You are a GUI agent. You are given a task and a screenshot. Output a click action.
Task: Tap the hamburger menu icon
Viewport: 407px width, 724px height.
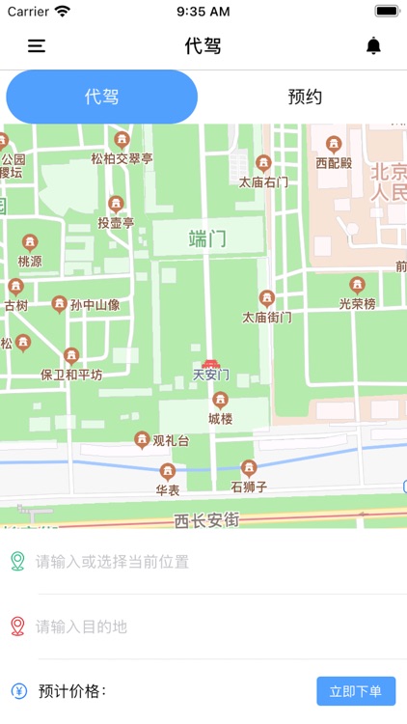37,45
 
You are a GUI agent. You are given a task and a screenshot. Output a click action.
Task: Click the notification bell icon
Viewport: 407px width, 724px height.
374,45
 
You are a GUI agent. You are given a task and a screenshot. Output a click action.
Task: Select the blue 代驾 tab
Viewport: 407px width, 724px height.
102,97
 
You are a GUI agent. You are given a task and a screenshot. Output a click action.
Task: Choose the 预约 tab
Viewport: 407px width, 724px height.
305,97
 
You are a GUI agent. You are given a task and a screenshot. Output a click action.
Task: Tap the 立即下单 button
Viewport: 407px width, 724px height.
356,691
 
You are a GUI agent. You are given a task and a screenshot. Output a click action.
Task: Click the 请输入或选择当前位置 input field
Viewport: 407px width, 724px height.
212,561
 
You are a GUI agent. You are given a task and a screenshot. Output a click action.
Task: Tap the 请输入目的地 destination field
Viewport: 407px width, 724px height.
212,627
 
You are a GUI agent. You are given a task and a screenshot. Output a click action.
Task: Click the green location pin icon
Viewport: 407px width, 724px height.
17,561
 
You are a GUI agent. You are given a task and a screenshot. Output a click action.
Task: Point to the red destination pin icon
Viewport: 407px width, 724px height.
17,627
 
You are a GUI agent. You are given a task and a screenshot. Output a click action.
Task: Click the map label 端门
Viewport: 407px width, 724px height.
207,238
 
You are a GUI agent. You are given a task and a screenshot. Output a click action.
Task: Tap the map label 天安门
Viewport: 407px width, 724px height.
211,375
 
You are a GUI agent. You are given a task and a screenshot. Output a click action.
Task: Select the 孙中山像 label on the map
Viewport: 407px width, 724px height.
95,305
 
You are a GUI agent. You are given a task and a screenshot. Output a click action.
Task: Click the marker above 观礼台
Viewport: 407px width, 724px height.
142,440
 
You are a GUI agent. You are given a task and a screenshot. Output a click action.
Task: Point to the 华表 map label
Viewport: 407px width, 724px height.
168,489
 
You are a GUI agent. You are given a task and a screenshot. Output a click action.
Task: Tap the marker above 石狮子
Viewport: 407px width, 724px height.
249,468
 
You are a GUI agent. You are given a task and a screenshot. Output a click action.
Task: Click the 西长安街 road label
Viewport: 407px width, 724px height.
206,520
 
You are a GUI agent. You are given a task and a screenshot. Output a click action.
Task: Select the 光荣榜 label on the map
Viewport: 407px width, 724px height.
357,304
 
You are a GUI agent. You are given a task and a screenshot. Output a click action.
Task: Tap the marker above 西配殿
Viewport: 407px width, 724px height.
334,146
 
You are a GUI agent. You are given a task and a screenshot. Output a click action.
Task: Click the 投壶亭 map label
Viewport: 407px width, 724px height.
116,223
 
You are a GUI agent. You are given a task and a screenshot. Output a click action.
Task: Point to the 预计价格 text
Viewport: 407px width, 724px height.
72,691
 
